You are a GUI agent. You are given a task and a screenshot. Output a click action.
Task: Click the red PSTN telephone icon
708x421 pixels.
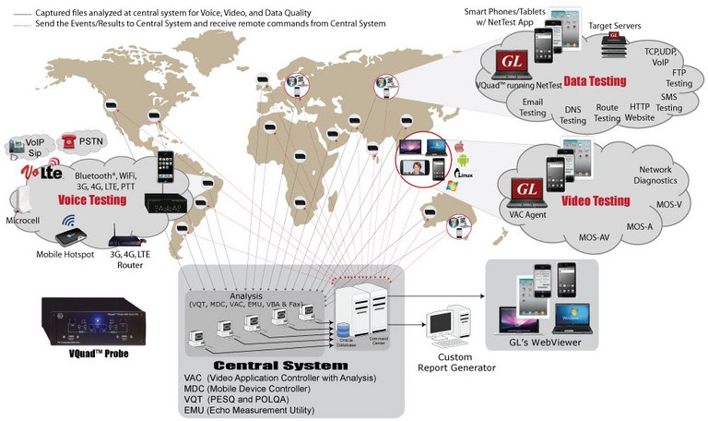67,139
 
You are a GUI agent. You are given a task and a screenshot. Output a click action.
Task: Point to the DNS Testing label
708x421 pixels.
572,115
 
